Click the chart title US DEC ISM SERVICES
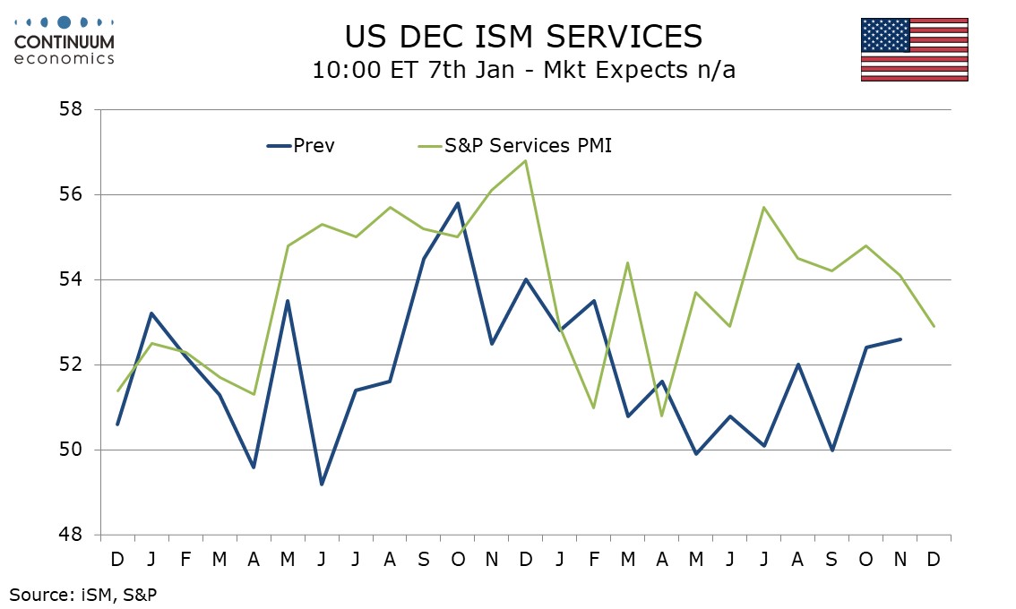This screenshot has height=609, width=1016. [x=523, y=36]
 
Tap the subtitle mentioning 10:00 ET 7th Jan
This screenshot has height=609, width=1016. [x=523, y=71]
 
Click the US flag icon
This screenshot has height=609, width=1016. [x=914, y=49]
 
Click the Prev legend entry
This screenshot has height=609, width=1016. [x=301, y=146]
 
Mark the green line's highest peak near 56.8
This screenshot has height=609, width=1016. [x=525, y=160]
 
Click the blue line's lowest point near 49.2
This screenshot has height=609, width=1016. [x=321, y=484]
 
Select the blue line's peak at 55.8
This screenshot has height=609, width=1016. [x=458, y=203]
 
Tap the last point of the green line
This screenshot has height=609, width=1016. [x=934, y=326]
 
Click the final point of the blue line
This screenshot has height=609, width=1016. [x=900, y=339]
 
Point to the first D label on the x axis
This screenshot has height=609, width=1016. [x=117, y=559]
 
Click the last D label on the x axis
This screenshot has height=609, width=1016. [x=934, y=559]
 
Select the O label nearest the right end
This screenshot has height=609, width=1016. [x=865, y=559]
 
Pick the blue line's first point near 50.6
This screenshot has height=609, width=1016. [x=117, y=425]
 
